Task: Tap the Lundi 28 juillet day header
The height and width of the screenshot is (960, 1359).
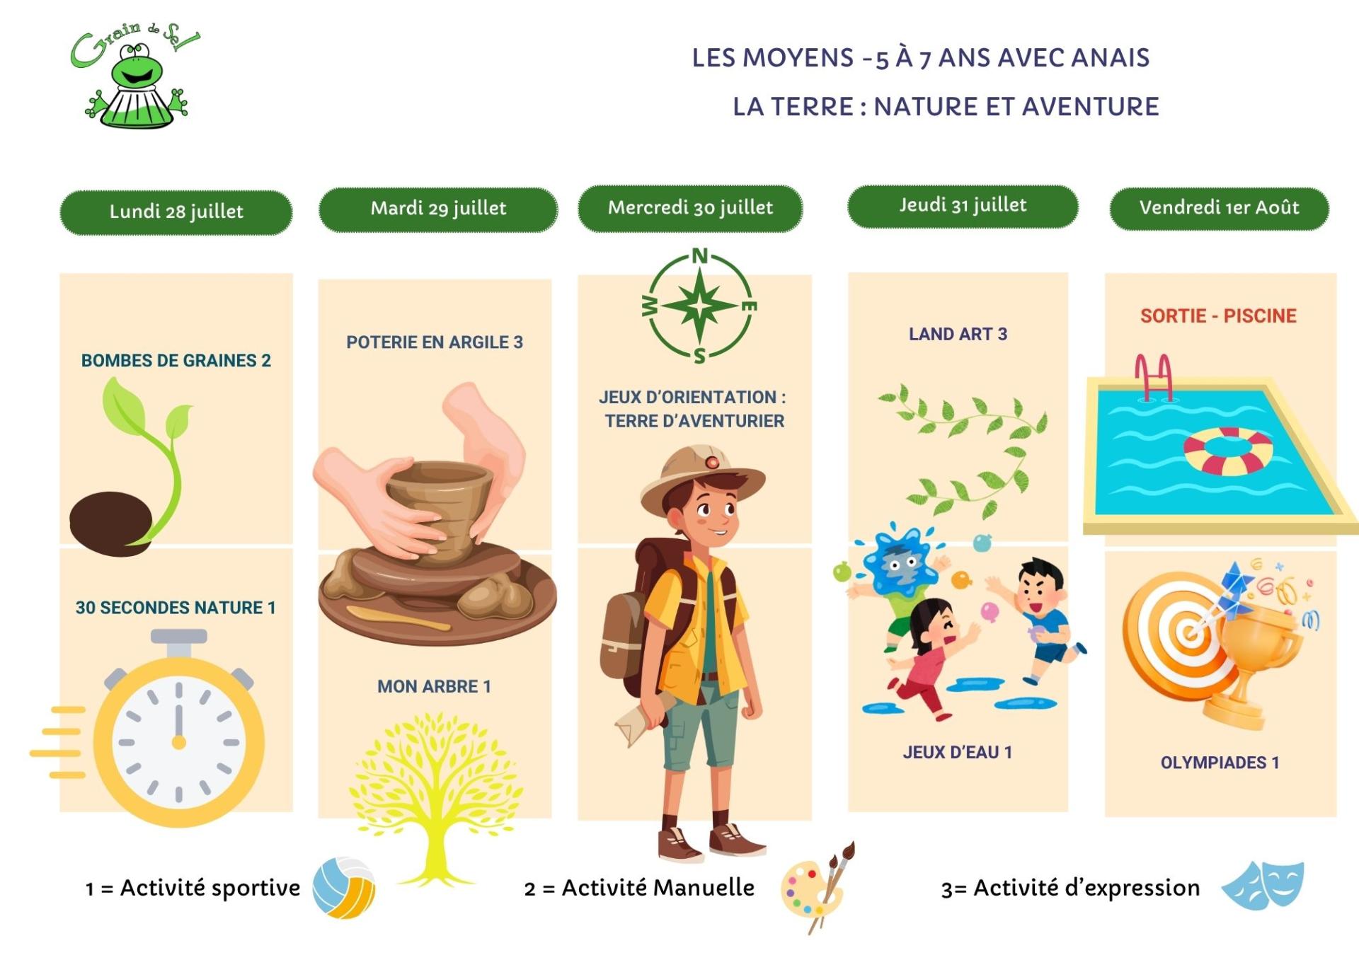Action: click(176, 212)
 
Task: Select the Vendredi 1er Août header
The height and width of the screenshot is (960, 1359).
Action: click(1219, 208)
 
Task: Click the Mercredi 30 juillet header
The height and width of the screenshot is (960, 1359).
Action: click(690, 208)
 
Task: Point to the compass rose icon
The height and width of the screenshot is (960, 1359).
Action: click(699, 306)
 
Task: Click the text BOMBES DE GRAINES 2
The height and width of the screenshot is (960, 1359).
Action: click(176, 361)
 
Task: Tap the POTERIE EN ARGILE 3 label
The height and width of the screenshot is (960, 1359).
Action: click(435, 342)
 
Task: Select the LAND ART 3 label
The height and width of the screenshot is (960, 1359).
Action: click(958, 334)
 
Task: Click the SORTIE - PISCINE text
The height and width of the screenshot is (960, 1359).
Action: click(1218, 316)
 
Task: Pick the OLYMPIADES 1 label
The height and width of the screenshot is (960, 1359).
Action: click(1220, 763)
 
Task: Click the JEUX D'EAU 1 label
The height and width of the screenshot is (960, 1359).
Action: click(958, 752)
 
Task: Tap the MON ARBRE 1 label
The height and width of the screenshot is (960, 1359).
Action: click(434, 686)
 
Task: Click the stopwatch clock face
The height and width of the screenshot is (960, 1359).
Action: click(178, 742)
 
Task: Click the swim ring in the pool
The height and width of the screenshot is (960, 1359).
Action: click(1228, 451)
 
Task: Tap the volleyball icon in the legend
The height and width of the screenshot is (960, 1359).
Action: click(344, 888)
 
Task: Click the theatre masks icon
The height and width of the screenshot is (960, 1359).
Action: click(1263, 884)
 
